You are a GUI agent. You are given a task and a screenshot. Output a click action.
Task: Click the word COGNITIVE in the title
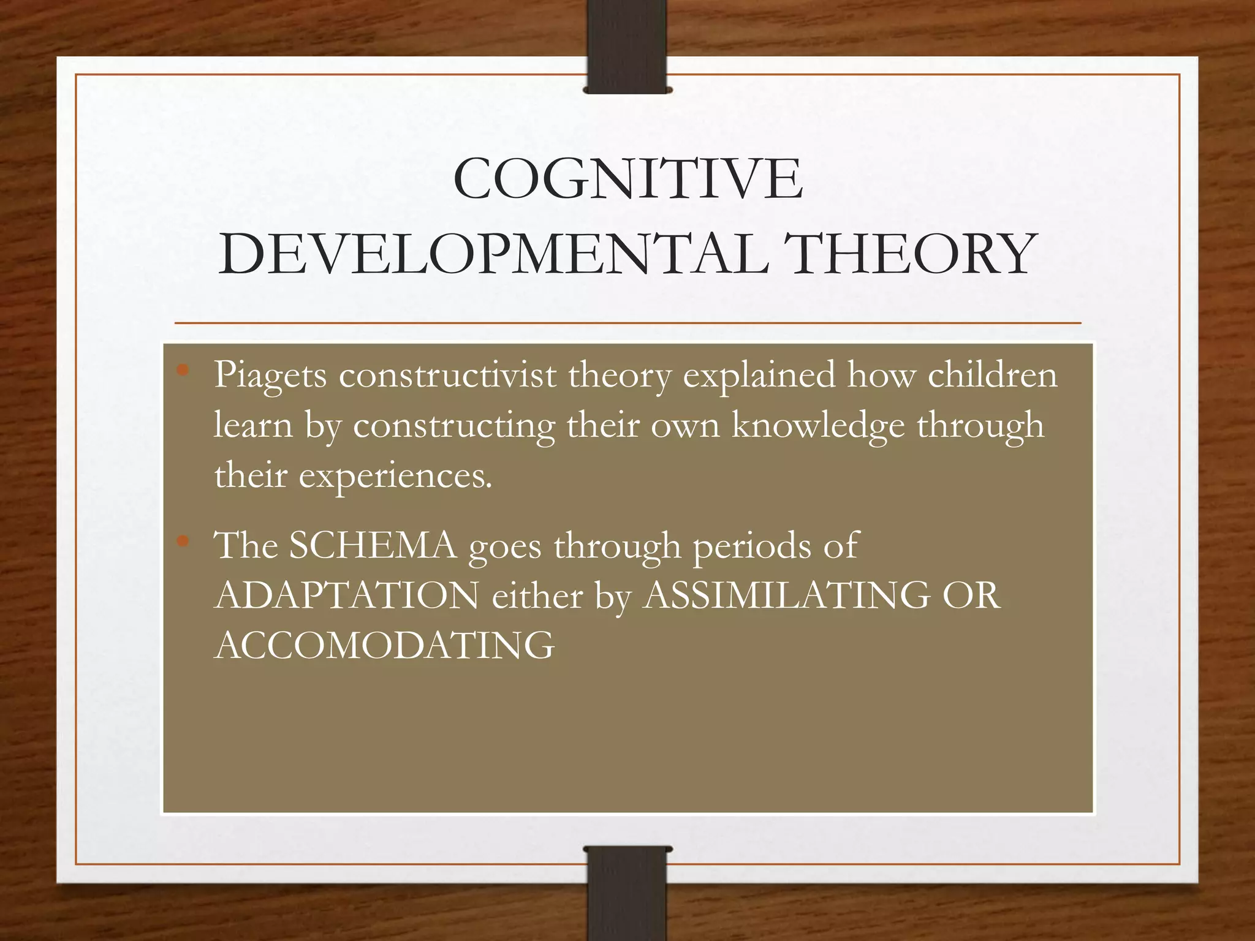pos(627,179)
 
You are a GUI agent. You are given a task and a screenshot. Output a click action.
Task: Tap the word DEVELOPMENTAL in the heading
pos(493,254)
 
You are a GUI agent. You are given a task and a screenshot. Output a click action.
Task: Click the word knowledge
pos(818,426)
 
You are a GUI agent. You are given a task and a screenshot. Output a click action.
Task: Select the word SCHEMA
pos(373,545)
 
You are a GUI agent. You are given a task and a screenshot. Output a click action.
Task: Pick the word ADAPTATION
pos(347,595)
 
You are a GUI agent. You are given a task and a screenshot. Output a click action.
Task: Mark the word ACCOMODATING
pos(385,645)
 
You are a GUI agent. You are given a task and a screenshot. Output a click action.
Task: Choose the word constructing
pos(454,426)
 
